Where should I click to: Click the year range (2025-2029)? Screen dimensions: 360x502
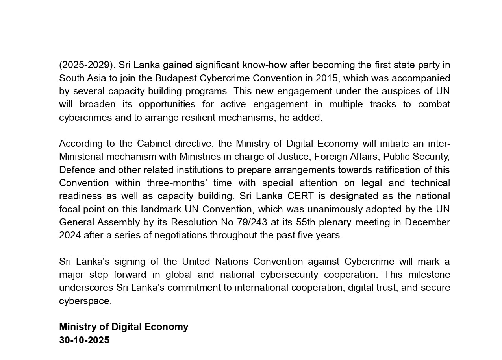[x=86, y=65]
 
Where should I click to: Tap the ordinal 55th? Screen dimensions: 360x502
[x=306, y=222]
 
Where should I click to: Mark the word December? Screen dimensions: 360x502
[x=427, y=222]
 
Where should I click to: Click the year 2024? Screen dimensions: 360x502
[x=70, y=235]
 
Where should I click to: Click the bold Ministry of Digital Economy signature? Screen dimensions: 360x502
[x=124, y=327]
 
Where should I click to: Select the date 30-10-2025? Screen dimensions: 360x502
[x=84, y=340]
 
